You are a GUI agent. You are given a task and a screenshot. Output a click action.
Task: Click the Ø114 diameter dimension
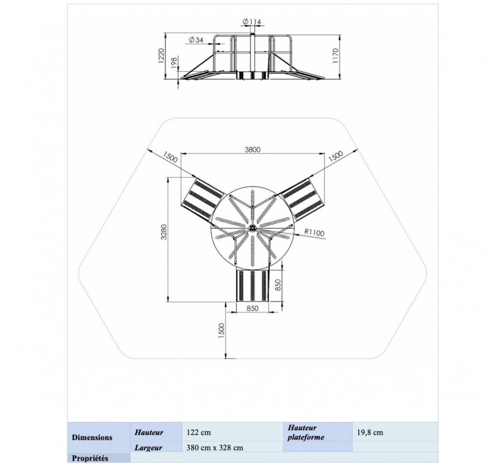(251, 22)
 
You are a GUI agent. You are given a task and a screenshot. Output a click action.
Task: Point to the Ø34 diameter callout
(196, 40)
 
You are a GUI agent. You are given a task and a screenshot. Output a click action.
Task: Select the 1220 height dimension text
(161, 57)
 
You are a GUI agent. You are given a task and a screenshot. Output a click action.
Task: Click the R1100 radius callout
(313, 232)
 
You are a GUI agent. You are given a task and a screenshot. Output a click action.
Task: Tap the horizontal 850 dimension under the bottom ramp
(252, 309)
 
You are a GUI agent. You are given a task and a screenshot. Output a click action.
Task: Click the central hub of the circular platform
(252, 228)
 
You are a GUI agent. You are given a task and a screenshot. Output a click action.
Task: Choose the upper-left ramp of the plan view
(201, 198)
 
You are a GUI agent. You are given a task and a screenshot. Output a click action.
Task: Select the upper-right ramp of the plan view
(302, 198)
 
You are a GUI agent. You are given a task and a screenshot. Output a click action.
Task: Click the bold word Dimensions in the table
(93, 437)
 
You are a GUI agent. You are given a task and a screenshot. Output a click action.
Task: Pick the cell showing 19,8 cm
(370, 433)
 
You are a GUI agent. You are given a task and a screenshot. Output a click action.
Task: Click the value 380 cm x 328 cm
(215, 447)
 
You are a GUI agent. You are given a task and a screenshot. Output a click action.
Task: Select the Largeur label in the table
(149, 447)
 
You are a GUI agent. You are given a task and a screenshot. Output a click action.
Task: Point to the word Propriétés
(91, 458)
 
